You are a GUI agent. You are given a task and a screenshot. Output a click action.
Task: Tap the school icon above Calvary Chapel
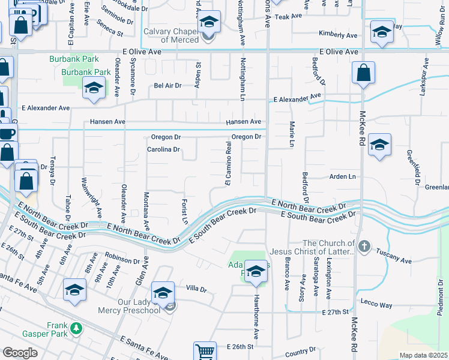209,23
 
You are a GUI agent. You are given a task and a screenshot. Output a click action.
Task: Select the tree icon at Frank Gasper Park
76,328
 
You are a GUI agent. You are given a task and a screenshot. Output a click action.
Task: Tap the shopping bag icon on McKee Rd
364,74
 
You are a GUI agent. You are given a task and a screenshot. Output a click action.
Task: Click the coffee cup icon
7,133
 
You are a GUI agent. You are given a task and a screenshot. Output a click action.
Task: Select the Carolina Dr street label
163,149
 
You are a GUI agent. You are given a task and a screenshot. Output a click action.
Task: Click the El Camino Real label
228,164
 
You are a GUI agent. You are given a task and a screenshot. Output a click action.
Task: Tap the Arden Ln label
343,176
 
